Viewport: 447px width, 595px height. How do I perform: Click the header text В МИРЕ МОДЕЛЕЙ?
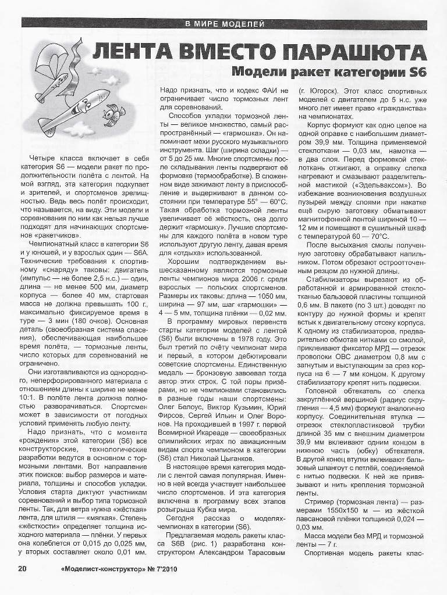[224, 24]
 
